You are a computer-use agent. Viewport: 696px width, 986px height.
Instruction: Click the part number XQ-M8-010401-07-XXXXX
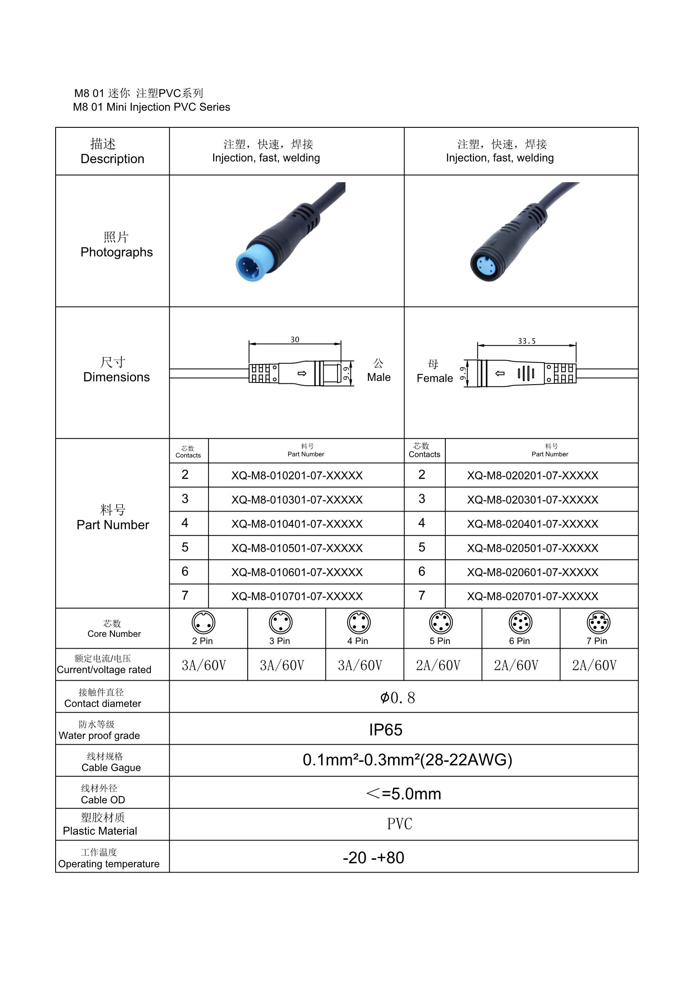coord(297,524)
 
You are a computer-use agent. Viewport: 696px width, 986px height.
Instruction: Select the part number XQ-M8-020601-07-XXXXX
coord(533,572)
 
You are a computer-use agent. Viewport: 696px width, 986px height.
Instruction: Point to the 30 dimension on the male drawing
coord(295,339)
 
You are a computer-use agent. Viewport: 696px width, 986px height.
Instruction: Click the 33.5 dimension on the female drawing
coord(527,341)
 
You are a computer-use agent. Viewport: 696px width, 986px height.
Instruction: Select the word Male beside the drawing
coord(378,377)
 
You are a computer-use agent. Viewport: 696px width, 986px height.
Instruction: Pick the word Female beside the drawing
coord(435,378)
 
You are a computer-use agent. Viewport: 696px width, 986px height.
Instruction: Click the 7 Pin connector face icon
coord(598,622)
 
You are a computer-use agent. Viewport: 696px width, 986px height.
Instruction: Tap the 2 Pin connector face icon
coord(203,622)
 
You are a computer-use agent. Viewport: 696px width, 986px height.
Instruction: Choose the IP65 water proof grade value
coord(386,730)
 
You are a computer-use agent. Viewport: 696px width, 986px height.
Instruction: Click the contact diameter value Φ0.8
coord(397,698)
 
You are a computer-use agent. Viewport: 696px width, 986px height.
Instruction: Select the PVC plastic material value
coord(399,824)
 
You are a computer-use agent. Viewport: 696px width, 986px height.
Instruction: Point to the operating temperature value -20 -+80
coord(373,858)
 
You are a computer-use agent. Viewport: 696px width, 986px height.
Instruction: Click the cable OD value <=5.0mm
coord(403,794)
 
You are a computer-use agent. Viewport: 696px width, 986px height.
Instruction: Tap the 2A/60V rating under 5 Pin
coord(438,665)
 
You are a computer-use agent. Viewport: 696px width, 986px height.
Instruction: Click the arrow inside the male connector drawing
coord(302,373)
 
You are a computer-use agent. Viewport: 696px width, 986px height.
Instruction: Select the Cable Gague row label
coord(111,768)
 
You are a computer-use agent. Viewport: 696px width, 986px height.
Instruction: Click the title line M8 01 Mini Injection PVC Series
coord(152,107)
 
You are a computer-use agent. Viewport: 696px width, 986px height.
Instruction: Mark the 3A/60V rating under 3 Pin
coord(282,665)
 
